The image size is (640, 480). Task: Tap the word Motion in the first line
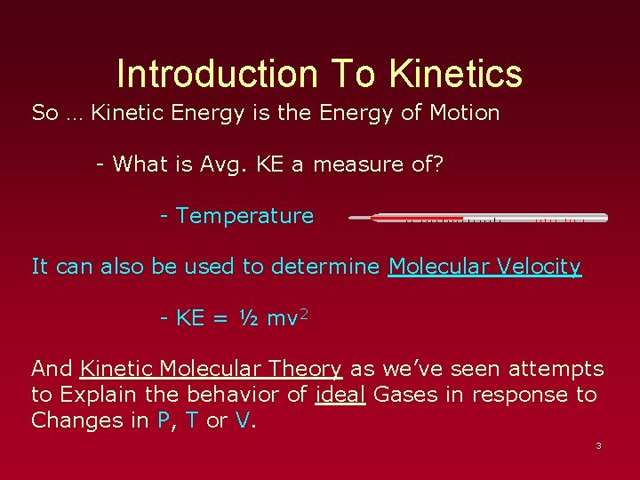[x=463, y=113]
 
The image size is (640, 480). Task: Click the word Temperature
[x=245, y=216]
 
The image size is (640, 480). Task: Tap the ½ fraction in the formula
[x=246, y=318]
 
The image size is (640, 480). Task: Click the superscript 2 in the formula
[x=303, y=313]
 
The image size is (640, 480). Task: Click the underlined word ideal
[x=340, y=395]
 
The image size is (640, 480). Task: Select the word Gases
[x=405, y=395]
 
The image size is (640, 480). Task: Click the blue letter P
[x=163, y=420]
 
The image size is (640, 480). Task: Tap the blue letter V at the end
[x=243, y=420]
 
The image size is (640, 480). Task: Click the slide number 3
[x=598, y=445]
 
